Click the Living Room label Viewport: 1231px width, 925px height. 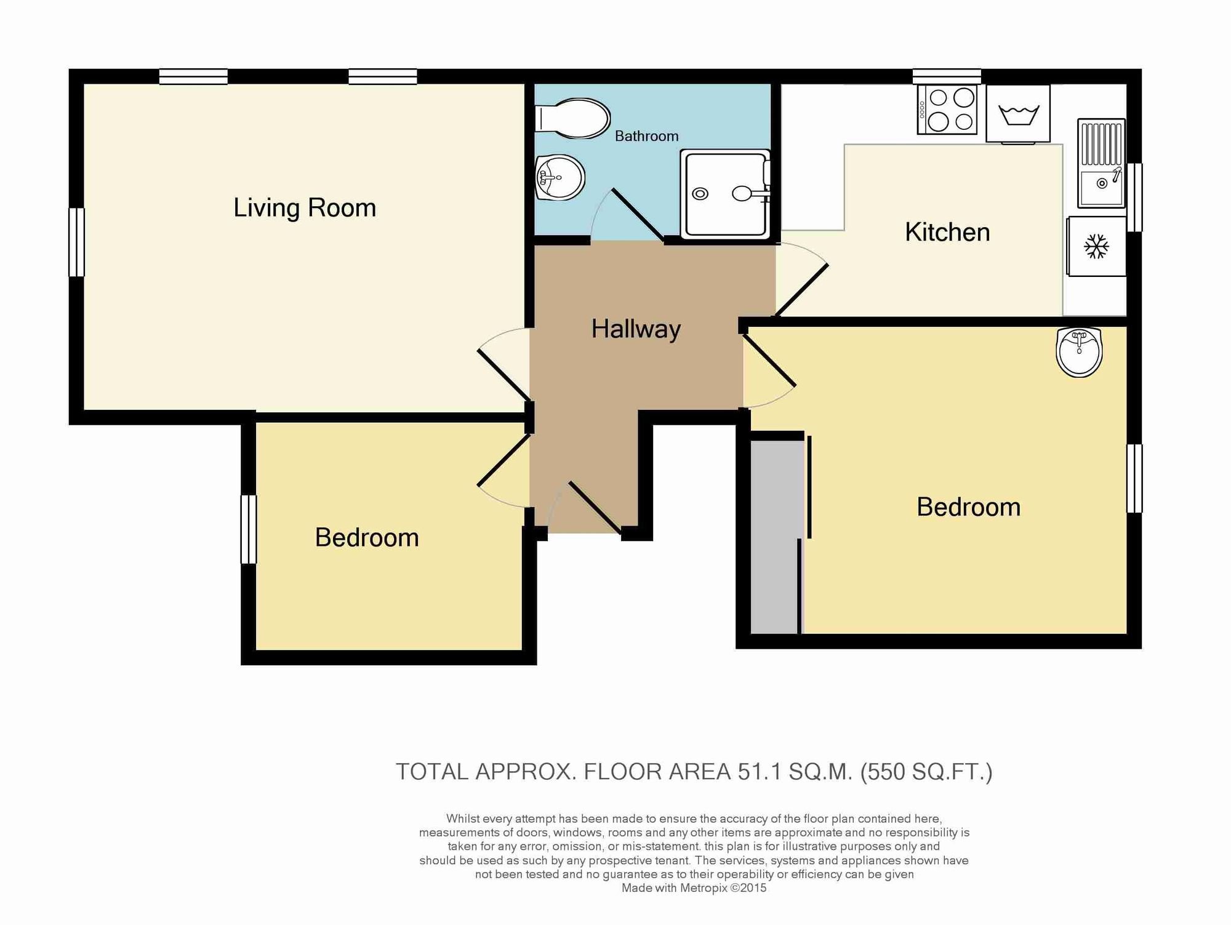point(305,208)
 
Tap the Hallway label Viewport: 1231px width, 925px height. point(636,329)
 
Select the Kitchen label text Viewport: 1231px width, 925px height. point(947,233)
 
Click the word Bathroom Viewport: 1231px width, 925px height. point(646,136)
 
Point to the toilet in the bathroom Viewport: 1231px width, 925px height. point(572,118)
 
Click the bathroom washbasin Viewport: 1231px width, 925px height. point(559,177)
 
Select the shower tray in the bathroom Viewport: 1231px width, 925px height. point(726,194)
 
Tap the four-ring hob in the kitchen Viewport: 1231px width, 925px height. point(947,109)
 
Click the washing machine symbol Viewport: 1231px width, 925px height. point(1018,114)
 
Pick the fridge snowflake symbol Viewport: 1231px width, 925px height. point(1096,246)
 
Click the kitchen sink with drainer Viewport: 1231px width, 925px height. point(1101,163)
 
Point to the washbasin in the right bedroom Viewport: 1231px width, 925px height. point(1079,351)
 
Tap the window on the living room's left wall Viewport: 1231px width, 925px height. point(76,242)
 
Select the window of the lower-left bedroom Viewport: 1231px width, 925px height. point(248,529)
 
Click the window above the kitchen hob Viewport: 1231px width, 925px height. point(947,76)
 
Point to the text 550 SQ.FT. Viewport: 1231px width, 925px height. point(926,772)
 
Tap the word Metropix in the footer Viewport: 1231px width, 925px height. point(704,888)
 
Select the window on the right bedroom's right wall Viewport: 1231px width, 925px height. point(1134,478)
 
